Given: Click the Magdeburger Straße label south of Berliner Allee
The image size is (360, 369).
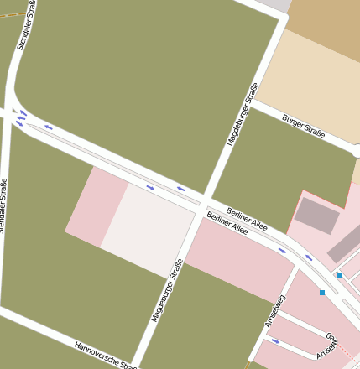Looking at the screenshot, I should (x=167, y=291).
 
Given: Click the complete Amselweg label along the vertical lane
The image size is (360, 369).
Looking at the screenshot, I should (x=274, y=310).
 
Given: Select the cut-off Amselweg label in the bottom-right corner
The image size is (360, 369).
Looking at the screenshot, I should (x=327, y=347).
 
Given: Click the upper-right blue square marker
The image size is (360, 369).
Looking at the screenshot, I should (x=340, y=275).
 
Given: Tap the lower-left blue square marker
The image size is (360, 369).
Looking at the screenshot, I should (x=322, y=293).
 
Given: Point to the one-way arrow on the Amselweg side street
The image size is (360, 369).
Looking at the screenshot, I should (x=275, y=340).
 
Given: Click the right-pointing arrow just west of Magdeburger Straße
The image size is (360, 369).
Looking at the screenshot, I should (x=150, y=187).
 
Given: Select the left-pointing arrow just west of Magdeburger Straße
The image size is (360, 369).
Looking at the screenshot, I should (x=180, y=189).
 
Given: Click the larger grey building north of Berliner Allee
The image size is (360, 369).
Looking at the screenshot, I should (x=317, y=216).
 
